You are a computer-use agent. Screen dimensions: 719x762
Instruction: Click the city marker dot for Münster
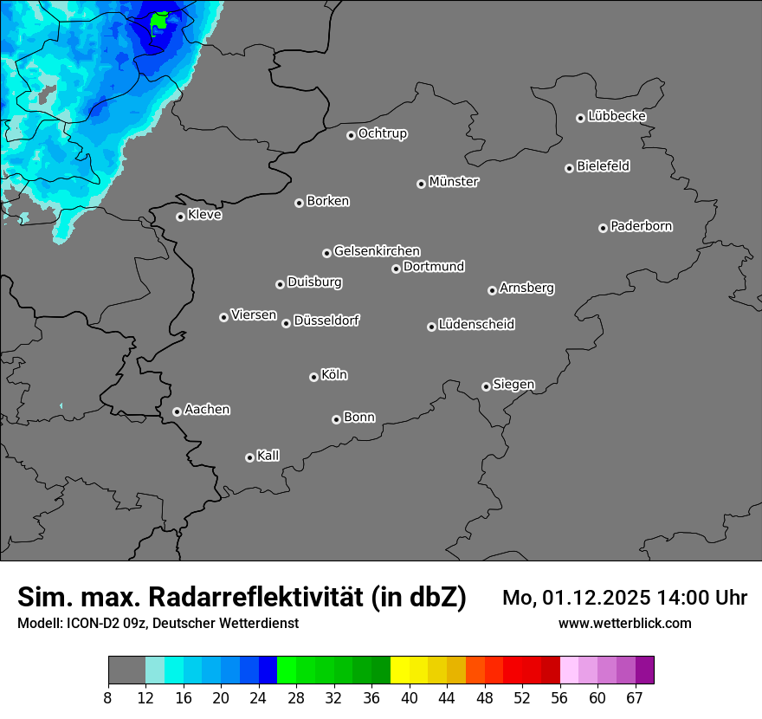point(422,184)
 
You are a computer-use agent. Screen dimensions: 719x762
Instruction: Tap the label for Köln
point(334,375)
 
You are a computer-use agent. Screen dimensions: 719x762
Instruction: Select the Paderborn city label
point(642,226)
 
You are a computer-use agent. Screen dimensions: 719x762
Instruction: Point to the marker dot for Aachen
point(177,411)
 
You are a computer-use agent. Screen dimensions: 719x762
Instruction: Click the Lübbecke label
point(617,116)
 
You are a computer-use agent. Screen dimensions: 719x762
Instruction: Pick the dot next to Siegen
point(486,386)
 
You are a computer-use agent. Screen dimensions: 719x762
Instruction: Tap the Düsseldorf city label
point(326,321)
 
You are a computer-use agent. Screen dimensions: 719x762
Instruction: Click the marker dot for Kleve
point(180,217)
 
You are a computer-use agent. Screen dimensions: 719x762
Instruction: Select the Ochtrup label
point(383,133)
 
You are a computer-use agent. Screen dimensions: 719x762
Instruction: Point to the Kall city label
point(268,456)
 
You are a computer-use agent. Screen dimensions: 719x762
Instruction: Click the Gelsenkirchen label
point(377,251)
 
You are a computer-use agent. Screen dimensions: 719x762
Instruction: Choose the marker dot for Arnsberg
point(492,290)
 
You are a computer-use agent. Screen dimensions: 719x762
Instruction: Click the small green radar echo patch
point(159,19)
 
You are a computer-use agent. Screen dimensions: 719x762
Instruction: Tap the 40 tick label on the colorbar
point(409,698)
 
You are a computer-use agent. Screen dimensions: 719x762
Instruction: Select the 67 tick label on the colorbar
point(635,698)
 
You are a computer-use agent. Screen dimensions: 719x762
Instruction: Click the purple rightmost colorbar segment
point(644,670)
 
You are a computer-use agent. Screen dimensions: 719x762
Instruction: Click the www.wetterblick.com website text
point(624,624)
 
